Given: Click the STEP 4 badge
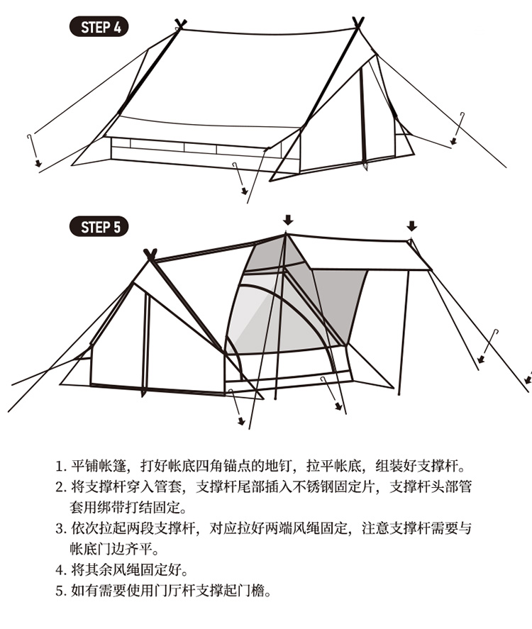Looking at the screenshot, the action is (x=99, y=28).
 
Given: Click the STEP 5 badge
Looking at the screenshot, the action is (x=99, y=227).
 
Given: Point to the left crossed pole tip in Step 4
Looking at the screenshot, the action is (x=180, y=25).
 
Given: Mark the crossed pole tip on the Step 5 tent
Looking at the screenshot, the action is (x=150, y=254).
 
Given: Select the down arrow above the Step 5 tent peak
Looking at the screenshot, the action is (x=287, y=218).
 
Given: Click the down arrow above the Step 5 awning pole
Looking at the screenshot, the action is (x=411, y=226).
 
